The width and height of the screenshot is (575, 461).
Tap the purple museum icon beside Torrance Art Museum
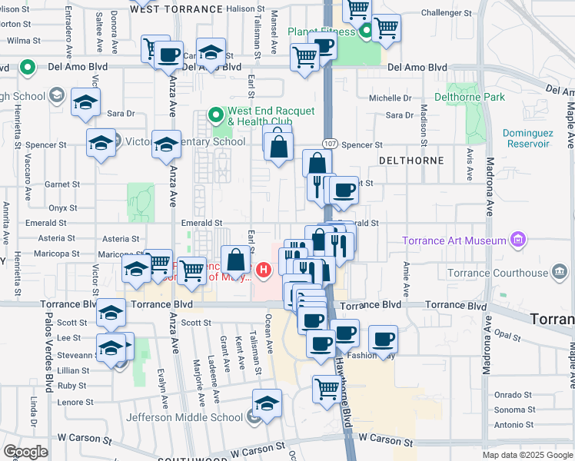click(x=519, y=240)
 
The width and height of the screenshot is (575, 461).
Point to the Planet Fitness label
click(x=322, y=32)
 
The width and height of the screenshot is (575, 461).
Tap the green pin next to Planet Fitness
click(x=367, y=32)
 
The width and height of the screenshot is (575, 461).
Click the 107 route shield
click(x=329, y=144)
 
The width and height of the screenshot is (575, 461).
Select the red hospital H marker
click(x=264, y=270)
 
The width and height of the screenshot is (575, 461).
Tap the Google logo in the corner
click(x=26, y=452)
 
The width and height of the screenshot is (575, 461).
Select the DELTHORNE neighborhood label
click(x=412, y=160)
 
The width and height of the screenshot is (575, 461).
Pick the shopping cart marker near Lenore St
click(x=327, y=389)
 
